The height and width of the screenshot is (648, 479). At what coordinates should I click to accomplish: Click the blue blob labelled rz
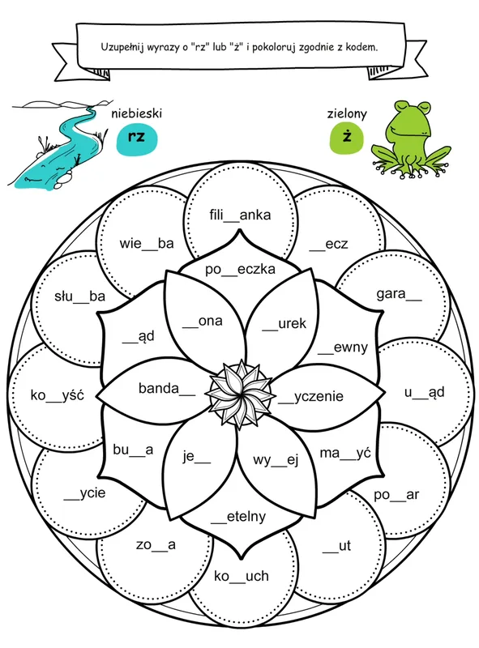(136, 138)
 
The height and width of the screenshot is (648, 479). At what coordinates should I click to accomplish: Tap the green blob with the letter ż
(347, 137)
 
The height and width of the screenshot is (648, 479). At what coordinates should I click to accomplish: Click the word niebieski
(136, 113)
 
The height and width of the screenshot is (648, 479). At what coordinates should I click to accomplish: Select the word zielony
(347, 113)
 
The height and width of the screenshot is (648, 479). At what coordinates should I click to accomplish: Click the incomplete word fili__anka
(240, 215)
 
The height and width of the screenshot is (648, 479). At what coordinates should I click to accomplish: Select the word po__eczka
(240, 270)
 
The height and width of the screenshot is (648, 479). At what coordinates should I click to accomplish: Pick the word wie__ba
(147, 244)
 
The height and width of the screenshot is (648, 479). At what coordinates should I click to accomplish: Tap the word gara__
(399, 294)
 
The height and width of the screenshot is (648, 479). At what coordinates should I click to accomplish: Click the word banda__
(167, 389)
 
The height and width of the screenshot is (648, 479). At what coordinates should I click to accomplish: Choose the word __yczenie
(310, 397)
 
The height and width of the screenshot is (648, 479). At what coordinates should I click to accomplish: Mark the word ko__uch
(242, 576)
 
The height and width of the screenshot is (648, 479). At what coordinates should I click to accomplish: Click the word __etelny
(238, 517)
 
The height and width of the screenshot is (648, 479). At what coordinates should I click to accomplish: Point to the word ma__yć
(345, 454)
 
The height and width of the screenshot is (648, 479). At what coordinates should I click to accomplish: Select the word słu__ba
(79, 296)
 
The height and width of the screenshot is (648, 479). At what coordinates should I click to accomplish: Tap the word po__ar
(396, 495)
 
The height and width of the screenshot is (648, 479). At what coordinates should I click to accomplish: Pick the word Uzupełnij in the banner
(122, 47)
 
